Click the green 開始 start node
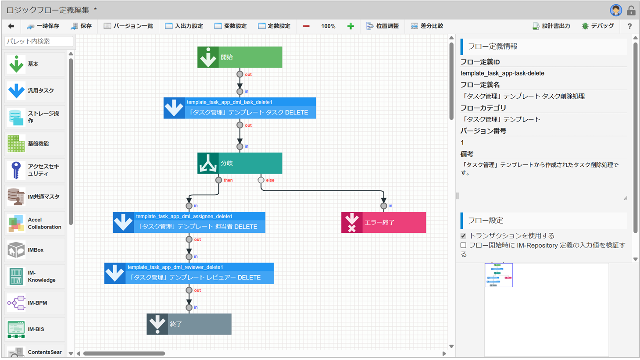tap(240, 57)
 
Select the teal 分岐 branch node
tap(240, 163)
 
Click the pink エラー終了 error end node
tap(383, 222)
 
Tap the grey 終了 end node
tap(189, 324)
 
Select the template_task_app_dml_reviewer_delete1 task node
tap(189, 273)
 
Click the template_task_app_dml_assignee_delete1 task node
tap(189, 222)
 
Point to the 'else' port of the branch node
tap(261, 180)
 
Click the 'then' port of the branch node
tap(218, 180)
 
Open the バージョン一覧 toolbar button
tap(129, 26)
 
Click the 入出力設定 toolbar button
tap(184, 26)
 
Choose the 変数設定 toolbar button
tap(230, 26)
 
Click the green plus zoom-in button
tap(350, 26)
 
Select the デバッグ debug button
tap(597, 26)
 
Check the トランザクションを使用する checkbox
tap(463, 236)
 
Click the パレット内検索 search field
tap(39, 41)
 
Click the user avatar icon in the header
tap(615, 10)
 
